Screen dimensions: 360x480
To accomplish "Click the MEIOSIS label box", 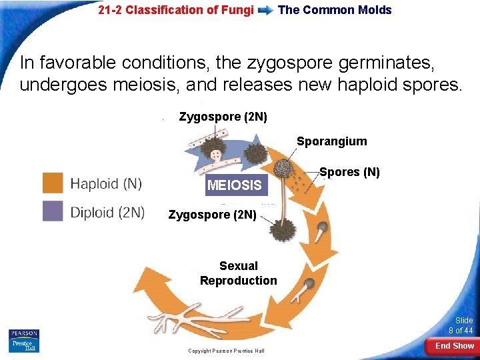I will [235, 185].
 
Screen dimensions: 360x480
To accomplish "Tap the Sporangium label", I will [331, 141].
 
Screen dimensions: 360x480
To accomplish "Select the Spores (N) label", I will [349, 172].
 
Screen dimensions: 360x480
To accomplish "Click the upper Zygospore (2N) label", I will [223, 117].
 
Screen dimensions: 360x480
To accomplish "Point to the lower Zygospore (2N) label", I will [212, 215].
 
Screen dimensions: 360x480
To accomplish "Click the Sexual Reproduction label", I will [238, 273].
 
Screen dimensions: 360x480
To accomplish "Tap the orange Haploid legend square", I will [53, 183].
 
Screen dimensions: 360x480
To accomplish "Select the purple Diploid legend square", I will [53, 211].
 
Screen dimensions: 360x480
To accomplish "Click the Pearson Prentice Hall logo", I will [24, 341].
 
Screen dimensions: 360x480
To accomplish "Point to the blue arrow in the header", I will [265, 10].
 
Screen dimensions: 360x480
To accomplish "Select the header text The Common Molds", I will [335, 10].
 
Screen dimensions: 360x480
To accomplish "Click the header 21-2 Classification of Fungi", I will [175, 10].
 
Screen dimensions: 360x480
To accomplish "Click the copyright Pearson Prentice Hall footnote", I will [226, 351].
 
